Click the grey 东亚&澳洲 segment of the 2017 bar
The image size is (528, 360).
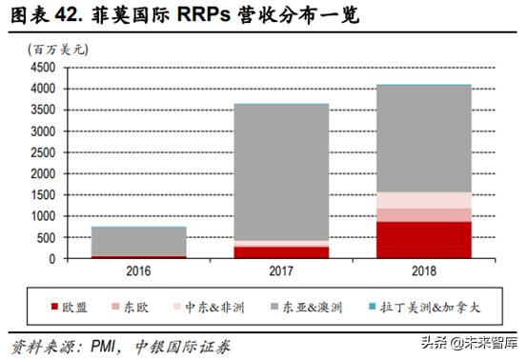[x=282, y=171]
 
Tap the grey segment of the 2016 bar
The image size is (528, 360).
[x=140, y=241]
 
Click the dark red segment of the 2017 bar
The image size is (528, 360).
[x=282, y=251]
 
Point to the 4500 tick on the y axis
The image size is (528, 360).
[x=44, y=68]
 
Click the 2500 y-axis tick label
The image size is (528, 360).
[x=44, y=152]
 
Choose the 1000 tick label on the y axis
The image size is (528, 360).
[x=44, y=216]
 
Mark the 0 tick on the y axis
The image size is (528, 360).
[x=55, y=258]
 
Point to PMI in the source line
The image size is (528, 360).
[x=104, y=344]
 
